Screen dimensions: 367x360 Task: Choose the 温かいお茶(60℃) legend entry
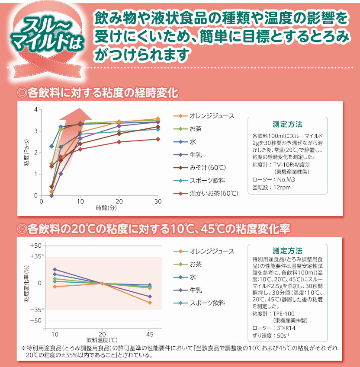pyautogui.click(x=214, y=193)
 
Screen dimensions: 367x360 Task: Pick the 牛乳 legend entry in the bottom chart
pyautogui.click(x=196, y=290)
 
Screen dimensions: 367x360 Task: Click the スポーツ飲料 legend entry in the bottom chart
pyautogui.click(x=207, y=303)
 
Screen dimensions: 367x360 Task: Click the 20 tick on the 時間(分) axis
pyautogui.click(x=119, y=202)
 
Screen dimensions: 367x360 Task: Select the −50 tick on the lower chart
pyautogui.click(x=35, y=321)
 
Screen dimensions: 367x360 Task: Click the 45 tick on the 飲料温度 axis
pyautogui.click(x=150, y=335)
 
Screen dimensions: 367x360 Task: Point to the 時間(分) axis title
pyautogui.click(x=106, y=209)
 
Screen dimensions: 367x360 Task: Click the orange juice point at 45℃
pyautogui.click(x=150, y=303)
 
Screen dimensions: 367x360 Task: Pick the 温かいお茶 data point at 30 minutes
pyautogui.click(x=158, y=139)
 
